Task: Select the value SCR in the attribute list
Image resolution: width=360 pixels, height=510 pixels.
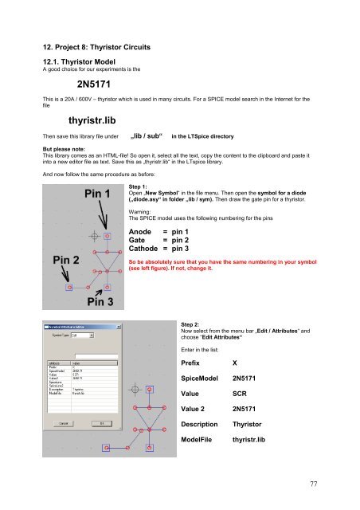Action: point(242,416)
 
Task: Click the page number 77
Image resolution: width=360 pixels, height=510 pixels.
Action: point(319,483)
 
